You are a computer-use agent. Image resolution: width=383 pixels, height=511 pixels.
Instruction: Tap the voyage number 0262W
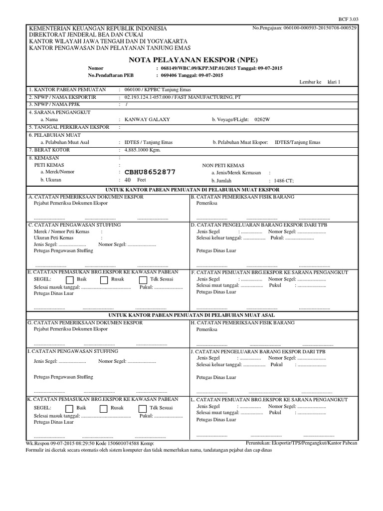click(x=262, y=120)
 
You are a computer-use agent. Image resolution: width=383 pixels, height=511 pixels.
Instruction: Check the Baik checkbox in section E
click(x=70, y=280)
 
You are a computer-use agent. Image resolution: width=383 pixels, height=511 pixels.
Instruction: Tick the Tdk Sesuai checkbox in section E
click(x=143, y=280)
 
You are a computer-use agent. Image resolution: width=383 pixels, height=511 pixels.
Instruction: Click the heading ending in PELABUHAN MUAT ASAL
click(x=191, y=315)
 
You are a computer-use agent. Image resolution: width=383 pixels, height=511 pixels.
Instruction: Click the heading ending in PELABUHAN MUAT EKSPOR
click(x=191, y=190)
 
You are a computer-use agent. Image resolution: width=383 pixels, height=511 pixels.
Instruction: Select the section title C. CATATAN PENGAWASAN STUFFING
click(x=74, y=225)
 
